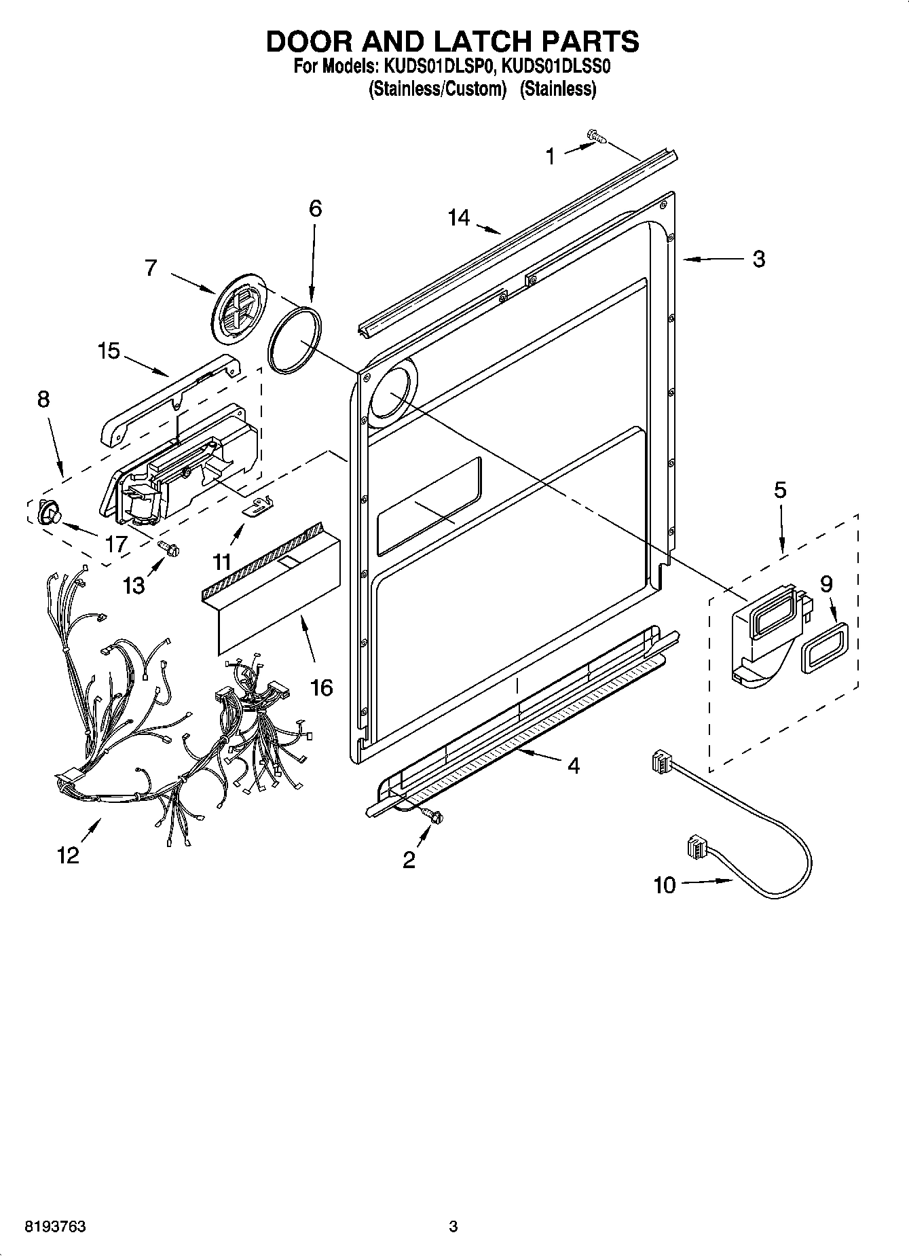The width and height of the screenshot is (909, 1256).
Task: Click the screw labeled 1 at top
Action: [x=597, y=137]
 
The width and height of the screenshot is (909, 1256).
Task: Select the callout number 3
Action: [x=759, y=259]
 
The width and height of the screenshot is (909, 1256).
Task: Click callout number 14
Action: [x=458, y=218]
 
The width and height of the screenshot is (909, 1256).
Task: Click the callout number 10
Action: [x=665, y=885]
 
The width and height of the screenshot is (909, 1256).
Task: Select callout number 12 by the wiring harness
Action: [x=68, y=855]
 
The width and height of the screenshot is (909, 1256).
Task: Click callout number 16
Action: [x=321, y=687]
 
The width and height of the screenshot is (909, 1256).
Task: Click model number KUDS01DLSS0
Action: [x=558, y=67]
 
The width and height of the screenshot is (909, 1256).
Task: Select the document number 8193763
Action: [x=55, y=1227]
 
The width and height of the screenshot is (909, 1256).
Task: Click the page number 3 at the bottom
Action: [x=453, y=1227]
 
